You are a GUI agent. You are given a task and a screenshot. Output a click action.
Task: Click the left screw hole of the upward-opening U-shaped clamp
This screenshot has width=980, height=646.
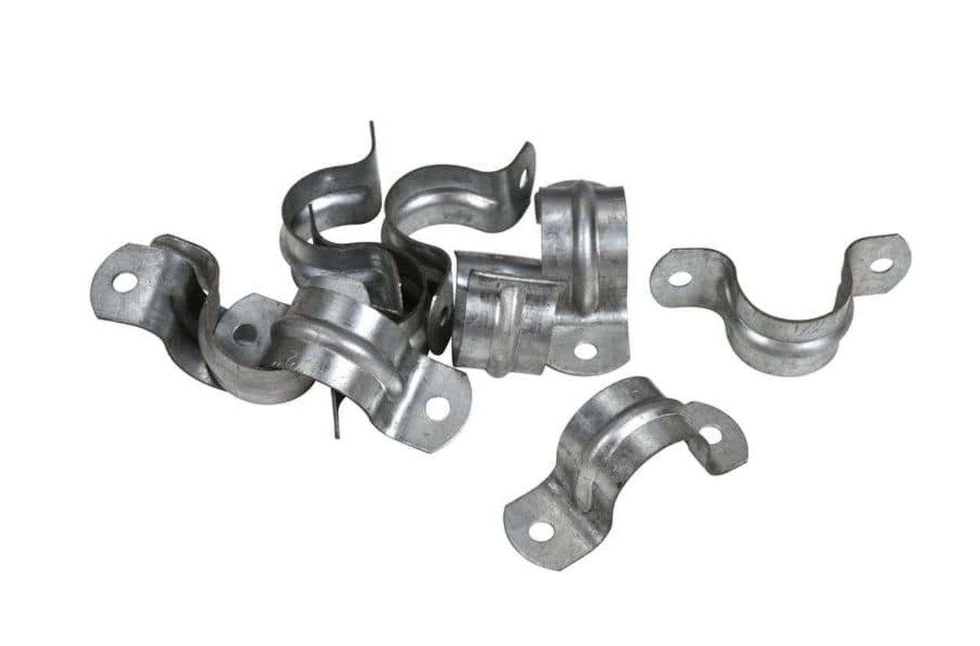[679, 277]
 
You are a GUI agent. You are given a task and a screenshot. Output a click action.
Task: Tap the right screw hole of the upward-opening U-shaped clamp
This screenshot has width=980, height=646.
[881, 265]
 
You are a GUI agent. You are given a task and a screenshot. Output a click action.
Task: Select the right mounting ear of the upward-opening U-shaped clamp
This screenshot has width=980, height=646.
[878, 262]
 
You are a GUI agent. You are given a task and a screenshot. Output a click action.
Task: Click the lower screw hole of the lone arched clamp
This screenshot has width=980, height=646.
[540, 531]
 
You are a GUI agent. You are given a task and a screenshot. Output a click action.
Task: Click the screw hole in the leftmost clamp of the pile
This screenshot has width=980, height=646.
[124, 282]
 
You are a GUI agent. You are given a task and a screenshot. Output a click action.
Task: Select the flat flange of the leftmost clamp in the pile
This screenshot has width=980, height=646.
[129, 285]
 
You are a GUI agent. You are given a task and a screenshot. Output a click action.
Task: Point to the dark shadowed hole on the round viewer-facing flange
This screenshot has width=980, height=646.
[244, 334]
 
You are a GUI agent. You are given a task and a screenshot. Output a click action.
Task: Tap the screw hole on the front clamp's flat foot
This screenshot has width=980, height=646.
[437, 407]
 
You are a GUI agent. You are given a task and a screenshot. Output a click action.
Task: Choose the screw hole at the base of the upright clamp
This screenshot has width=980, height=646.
[585, 351]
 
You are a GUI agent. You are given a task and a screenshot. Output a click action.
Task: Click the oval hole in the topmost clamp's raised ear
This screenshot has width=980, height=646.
[523, 178]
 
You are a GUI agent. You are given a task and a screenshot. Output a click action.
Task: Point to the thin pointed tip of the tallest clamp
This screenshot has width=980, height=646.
[372, 127]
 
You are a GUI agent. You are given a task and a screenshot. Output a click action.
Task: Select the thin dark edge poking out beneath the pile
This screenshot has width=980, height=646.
[337, 414]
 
